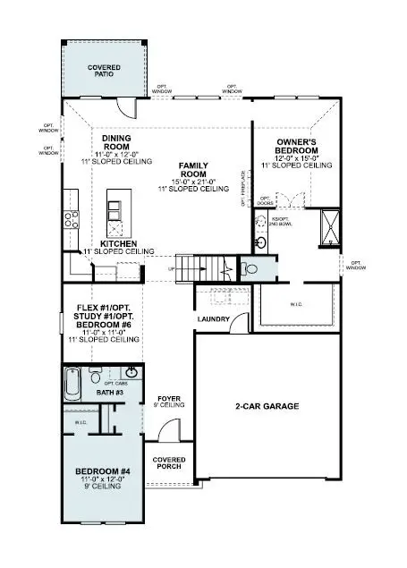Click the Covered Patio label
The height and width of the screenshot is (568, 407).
click(x=105, y=72)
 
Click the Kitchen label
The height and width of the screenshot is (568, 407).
click(x=118, y=243)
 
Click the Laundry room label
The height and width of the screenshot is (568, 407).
click(x=215, y=319)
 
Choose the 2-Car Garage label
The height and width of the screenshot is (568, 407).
click(x=267, y=406)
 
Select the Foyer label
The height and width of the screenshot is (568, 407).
click(x=170, y=399)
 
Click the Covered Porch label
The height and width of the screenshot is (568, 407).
click(x=170, y=464)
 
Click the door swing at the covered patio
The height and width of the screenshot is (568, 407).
click(x=131, y=109)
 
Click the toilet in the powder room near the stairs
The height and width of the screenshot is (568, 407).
click(x=250, y=268)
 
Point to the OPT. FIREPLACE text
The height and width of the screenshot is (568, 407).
click(x=242, y=183)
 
